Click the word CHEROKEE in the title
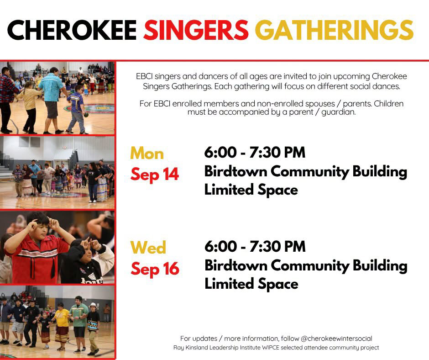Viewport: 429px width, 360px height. [72, 30]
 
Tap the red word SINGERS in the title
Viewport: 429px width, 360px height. [196, 30]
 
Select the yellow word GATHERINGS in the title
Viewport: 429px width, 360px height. [335, 30]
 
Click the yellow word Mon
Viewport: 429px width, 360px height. [147, 153]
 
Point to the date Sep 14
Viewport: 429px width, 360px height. [155, 175]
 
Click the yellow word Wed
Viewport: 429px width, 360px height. [148, 247]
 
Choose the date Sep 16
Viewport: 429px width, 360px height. [155, 269]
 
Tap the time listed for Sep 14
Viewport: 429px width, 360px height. [255, 152]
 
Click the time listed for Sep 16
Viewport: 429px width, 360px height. [255, 246]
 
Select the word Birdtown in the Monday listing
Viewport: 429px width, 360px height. [235, 171]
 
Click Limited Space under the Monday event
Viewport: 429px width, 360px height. [251, 190]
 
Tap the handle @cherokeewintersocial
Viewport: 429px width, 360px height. [336, 339]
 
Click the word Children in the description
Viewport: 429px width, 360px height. [388, 104]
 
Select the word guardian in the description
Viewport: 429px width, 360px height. [339, 112]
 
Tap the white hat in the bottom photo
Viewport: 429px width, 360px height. [93, 305]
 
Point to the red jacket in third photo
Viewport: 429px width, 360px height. [38, 255]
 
